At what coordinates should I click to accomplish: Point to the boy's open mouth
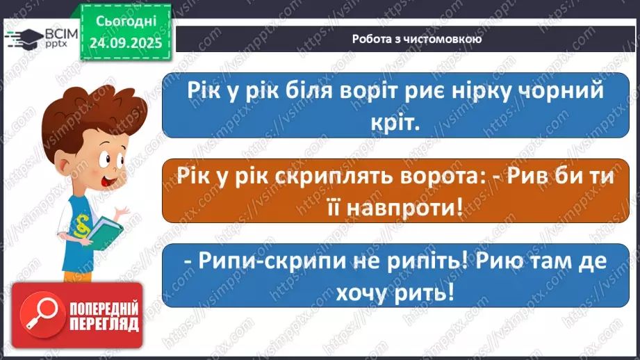[51, 181]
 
